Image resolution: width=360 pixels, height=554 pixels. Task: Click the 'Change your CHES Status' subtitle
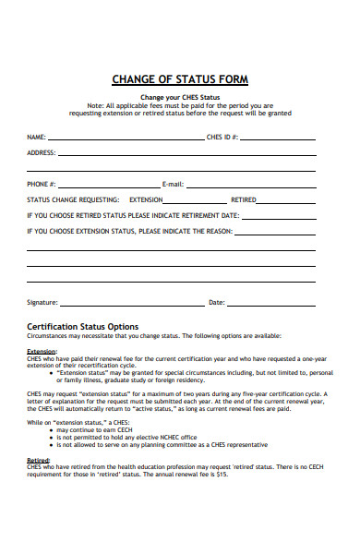[x=180, y=96]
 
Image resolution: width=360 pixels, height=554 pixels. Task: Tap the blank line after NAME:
[x=125, y=138]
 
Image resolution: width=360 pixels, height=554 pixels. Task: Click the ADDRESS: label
[x=42, y=152]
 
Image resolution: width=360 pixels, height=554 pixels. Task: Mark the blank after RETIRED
[x=286, y=201]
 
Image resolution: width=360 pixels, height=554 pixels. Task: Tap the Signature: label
[x=43, y=302]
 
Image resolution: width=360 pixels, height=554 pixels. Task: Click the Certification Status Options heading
[x=83, y=326]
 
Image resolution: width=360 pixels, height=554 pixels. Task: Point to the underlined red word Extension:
[x=42, y=352]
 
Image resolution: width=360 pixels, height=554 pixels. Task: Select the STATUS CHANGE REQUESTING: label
[x=73, y=199]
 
